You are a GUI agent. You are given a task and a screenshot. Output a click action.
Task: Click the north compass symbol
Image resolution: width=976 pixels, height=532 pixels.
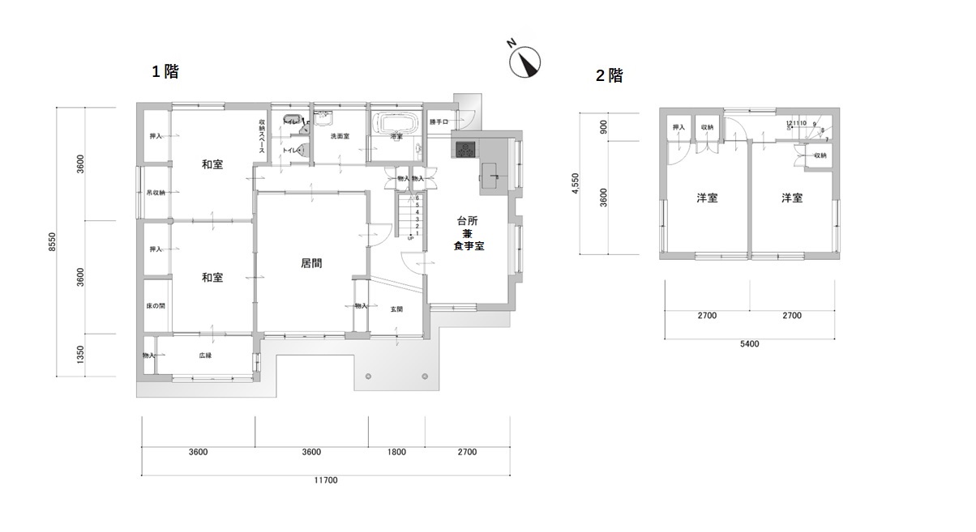tap(525, 62)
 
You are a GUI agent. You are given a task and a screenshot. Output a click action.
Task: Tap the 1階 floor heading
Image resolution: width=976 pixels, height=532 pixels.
tap(165, 71)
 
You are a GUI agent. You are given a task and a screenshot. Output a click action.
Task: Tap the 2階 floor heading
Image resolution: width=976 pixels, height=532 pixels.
tap(610, 76)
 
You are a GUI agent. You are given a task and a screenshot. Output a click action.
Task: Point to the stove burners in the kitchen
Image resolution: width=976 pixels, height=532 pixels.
tap(467, 149)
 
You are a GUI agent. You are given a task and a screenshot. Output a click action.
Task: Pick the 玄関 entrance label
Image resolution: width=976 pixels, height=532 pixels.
tap(396, 309)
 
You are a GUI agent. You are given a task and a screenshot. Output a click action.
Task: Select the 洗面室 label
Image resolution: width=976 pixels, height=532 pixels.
tap(340, 136)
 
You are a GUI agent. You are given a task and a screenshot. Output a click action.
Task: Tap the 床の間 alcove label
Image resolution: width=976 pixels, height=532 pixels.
tap(156, 306)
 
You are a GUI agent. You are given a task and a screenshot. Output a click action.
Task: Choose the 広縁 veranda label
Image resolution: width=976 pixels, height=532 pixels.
tap(205, 355)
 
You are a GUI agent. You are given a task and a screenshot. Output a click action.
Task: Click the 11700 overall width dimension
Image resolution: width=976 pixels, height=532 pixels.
tap(326, 480)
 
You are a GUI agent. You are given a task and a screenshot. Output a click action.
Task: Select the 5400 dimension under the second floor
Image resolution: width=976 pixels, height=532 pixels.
tap(749, 344)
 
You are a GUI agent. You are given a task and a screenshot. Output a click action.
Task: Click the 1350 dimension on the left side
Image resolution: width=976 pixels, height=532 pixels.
tap(79, 355)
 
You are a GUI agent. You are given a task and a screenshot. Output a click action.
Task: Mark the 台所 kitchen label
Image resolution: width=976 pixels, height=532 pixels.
tap(467, 221)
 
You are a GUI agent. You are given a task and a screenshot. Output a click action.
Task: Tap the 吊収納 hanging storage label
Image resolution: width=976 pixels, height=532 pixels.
tap(155, 193)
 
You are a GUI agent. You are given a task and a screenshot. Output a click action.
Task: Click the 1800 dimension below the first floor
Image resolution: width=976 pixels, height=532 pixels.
tap(396, 452)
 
